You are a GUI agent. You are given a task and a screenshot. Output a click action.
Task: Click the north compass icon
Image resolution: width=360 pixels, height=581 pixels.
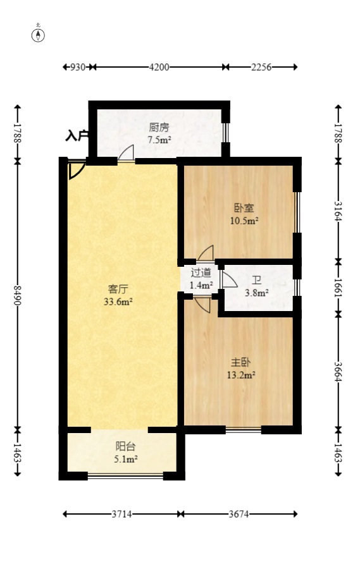[38, 34]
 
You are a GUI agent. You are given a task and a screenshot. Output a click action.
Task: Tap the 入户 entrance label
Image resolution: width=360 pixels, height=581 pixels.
[77, 136]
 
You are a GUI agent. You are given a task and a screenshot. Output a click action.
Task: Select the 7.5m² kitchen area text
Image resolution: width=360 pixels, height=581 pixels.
[159, 140]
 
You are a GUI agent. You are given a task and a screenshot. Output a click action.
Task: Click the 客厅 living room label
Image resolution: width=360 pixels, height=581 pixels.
[118, 289]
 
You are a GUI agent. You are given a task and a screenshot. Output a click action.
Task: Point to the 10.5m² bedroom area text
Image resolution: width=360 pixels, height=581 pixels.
[244, 221]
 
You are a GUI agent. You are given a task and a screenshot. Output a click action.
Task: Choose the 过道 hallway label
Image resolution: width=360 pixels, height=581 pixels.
[201, 272]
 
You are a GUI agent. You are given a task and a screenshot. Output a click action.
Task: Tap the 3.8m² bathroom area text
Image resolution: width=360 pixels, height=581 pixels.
[257, 293]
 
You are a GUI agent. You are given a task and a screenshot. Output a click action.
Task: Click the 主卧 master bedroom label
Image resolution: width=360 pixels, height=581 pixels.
[240, 362]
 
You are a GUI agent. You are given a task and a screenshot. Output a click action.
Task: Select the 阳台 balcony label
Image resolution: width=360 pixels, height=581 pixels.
[125, 446]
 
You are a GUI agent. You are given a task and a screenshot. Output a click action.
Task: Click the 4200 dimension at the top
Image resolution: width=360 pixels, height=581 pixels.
[159, 67]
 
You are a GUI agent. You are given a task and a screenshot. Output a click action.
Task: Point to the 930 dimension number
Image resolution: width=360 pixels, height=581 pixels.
[78, 67]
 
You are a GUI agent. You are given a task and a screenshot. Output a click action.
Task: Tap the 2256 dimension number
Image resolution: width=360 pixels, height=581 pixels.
[261, 67]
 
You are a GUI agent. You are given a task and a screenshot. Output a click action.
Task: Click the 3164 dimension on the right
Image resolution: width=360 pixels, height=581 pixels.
[338, 211]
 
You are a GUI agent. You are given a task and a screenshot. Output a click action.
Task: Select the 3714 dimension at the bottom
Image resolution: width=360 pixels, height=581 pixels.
[121, 514]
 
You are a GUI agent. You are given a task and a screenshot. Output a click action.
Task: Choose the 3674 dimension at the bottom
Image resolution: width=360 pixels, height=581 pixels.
[239, 514]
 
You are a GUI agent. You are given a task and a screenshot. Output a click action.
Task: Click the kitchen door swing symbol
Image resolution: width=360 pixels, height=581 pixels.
[126, 152]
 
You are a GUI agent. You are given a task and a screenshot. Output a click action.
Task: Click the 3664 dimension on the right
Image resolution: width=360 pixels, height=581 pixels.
[338, 372]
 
